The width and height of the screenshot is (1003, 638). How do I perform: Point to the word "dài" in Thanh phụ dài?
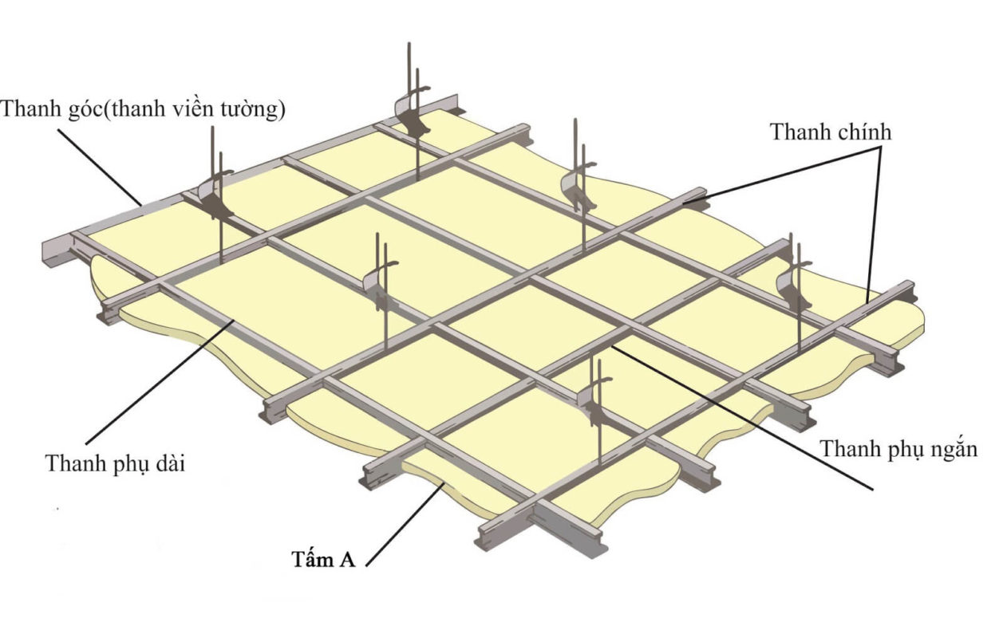170,463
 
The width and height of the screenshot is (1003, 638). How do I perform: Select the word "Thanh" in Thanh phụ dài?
75,463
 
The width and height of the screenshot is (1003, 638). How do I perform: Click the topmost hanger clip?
413,112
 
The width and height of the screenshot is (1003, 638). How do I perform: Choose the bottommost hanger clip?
594,401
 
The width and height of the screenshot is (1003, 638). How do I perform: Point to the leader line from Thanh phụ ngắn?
742,417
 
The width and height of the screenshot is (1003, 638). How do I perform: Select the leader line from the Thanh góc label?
100,167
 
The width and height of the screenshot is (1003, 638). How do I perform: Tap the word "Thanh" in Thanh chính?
800,132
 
